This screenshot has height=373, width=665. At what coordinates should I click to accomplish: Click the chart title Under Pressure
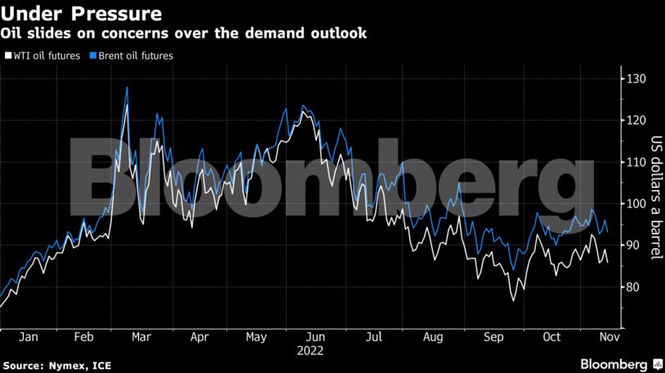(80, 14)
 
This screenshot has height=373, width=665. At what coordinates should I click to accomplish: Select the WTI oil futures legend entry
(45, 56)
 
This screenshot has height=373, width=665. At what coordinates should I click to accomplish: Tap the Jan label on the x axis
(28, 336)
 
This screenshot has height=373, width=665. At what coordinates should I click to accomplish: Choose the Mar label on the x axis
(141, 336)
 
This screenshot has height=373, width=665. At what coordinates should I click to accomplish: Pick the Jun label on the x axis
(316, 336)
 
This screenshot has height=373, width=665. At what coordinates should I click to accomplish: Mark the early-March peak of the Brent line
(127, 87)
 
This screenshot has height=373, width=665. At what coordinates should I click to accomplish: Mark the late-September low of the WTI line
(514, 301)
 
